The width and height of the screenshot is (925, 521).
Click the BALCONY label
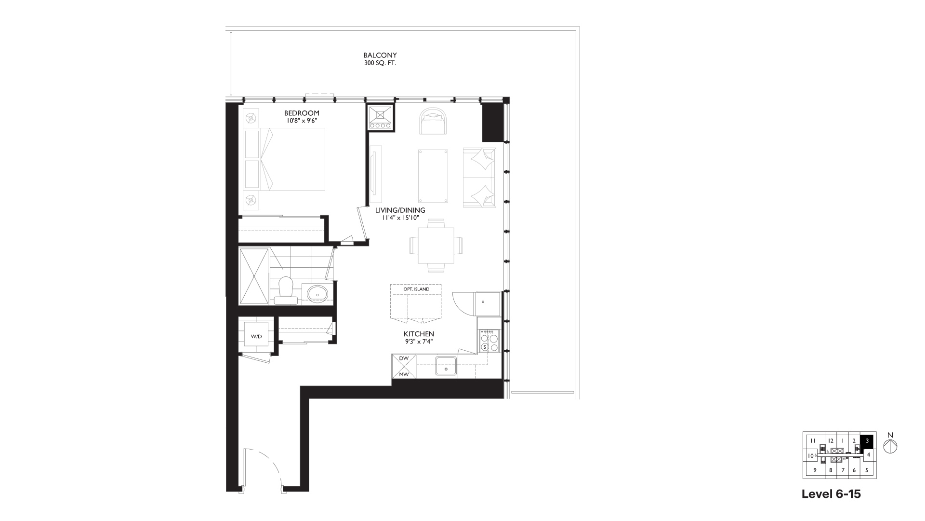pos(380,55)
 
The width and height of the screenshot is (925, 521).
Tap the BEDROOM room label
pos(302,113)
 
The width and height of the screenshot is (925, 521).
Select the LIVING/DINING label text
pos(400,210)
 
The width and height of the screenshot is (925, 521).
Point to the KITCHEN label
pos(419,334)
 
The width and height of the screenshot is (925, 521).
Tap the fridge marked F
pos(488,303)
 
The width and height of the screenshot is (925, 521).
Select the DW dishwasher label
pos(404,358)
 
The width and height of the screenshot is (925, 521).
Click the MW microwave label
pos(404,374)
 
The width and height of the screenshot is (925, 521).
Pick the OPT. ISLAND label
pos(416,289)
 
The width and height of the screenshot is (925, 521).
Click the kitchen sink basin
pos(447,365)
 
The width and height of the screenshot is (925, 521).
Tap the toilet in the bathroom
pos(286,291)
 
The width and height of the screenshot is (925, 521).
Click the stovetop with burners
pos(489,341)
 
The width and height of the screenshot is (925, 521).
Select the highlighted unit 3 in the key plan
pos(867,440)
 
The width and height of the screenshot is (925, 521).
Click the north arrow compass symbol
pos(890,446)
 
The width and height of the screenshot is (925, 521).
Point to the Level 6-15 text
pos(831,494)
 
